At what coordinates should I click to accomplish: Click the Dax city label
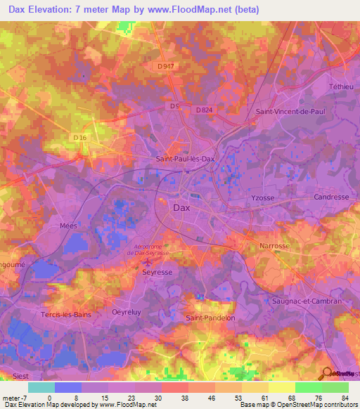coord(181,208)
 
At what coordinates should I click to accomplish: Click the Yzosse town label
coord(262,199)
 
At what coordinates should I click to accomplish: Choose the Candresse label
coord(331,197)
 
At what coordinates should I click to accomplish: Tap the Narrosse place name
coord(274,247)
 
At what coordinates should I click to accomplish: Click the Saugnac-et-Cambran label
coord(307,301)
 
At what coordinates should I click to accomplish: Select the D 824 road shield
coord(205,110)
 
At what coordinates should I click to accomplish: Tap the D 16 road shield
coord(79,138)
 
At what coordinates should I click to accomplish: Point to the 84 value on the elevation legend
coord(344,398)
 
